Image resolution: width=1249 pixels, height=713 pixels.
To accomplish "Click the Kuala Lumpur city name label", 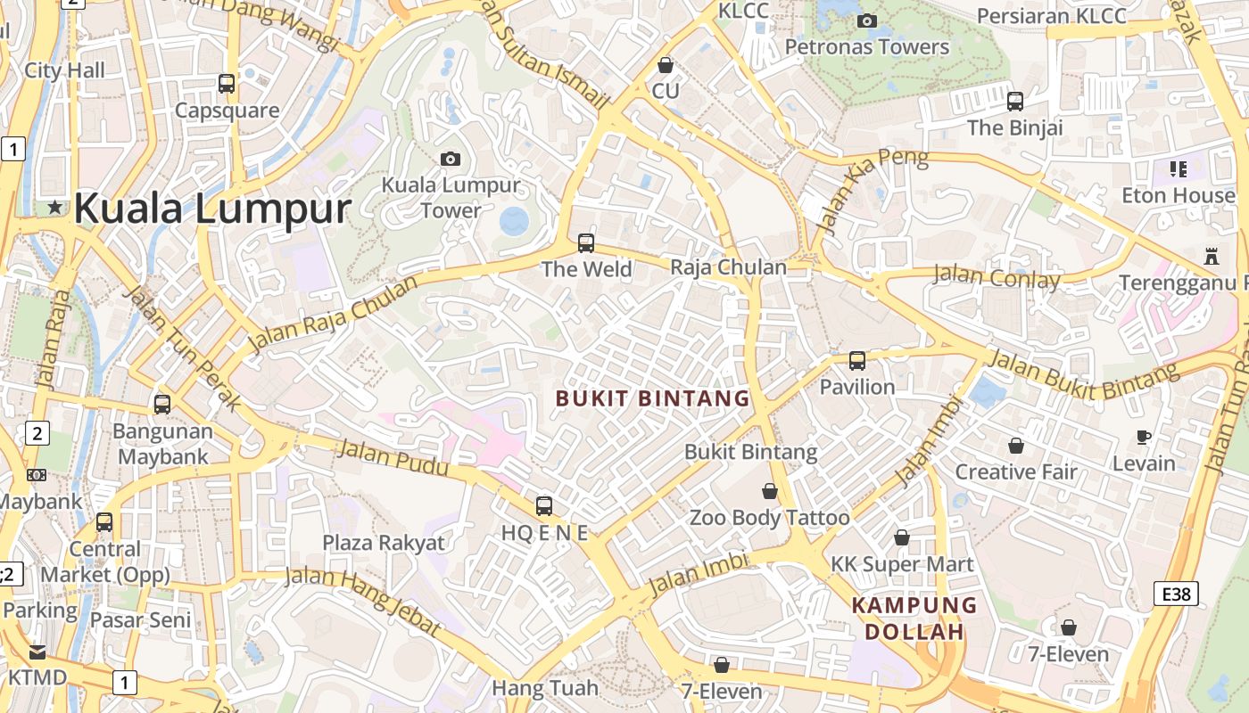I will (212, 209).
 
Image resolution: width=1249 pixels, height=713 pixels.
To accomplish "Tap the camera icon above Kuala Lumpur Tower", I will (451, 159).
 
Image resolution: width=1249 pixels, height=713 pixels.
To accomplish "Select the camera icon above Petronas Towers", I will (866, 20).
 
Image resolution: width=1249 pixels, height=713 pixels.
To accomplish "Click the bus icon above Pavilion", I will (856, 361).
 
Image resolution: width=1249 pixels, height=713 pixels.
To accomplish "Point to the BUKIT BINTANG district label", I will (653, 398).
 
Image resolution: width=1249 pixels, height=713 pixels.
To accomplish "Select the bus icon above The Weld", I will (586, 242).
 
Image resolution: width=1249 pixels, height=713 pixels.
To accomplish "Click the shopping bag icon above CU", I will (665, 65).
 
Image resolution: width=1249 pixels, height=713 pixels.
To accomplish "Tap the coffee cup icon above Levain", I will (1144, 437).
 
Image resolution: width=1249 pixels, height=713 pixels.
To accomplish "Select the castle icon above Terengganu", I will (1211, 257).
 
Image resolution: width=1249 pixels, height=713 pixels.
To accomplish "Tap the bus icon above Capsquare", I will (227, 84).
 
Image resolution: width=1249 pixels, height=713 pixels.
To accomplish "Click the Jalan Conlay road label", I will (996, 276).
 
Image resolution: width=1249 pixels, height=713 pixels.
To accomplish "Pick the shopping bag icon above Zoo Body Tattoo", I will (769, 491).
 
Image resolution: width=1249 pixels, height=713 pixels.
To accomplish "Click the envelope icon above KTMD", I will (37, 652).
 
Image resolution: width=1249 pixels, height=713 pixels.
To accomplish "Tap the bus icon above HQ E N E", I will (544, 506).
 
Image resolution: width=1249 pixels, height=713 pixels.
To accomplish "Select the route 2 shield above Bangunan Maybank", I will (37, 434).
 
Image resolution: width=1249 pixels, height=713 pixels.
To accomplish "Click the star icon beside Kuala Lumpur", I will (55, 208).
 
